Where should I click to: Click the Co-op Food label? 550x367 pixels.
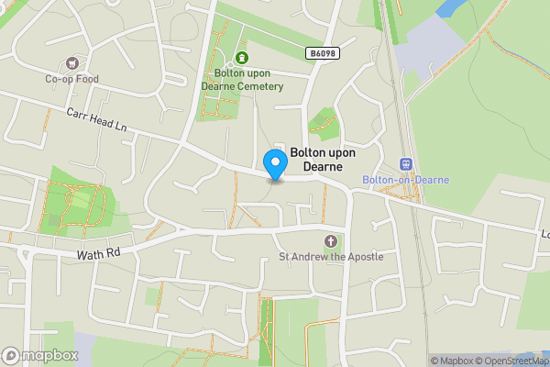point(71,79)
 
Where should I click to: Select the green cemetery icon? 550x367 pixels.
point(242,59)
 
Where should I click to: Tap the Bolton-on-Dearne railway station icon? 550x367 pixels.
point(406,163)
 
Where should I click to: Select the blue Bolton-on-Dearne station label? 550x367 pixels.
point(406,180)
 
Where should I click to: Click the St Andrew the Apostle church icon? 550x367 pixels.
point(331,241)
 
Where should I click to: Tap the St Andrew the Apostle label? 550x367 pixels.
point(331,257)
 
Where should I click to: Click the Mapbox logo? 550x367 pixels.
point(39,355)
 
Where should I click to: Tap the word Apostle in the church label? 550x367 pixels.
point(365,257)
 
